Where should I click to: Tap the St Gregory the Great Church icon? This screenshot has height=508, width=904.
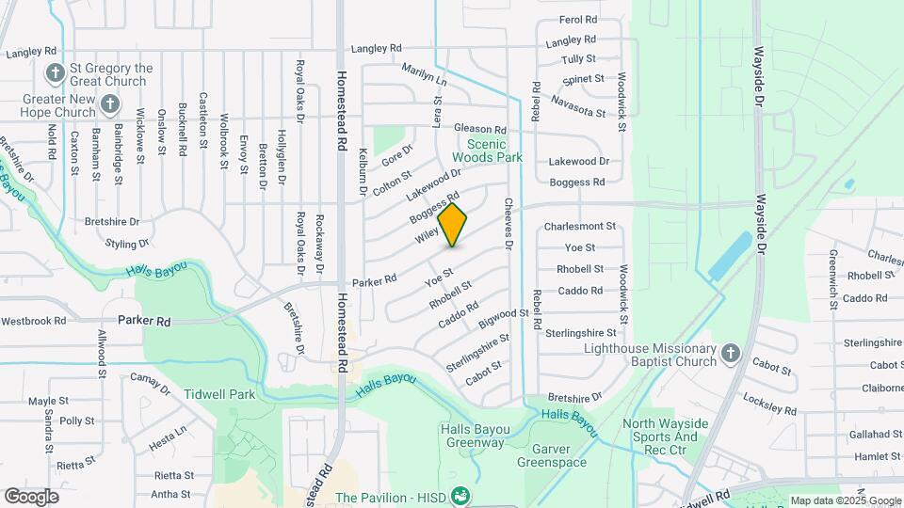pos(56,73)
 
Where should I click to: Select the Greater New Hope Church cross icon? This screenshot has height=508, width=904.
pos(110,104)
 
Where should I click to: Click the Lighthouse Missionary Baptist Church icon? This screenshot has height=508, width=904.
pos(730,354)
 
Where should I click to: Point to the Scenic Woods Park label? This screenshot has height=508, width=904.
pos(492,151)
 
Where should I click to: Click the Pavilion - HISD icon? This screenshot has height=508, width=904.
pos(460,496)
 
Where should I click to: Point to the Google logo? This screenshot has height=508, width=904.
pos(31,496)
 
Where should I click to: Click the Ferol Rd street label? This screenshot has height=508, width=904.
pos(577,19)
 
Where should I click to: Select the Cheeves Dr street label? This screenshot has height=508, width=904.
pos(508,224)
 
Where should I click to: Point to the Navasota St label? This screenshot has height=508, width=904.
pos(577,105)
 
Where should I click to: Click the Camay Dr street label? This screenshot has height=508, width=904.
pos(148,382)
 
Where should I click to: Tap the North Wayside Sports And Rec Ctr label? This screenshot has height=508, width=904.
pos(661,437)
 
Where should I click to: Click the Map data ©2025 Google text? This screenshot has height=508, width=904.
pos(844,500)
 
